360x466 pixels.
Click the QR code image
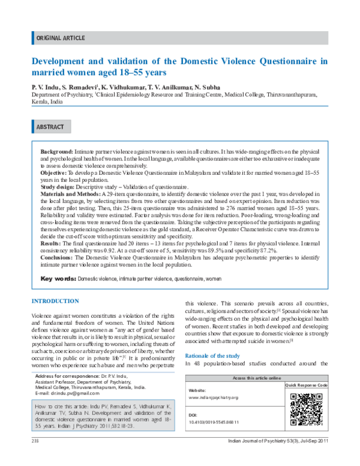pos(305,410)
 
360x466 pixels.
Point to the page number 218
pos(35,458)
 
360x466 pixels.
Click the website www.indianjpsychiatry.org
pos(213,398)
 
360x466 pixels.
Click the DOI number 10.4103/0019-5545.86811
pos(214,422)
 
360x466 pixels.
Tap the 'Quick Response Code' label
pos(305,384)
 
